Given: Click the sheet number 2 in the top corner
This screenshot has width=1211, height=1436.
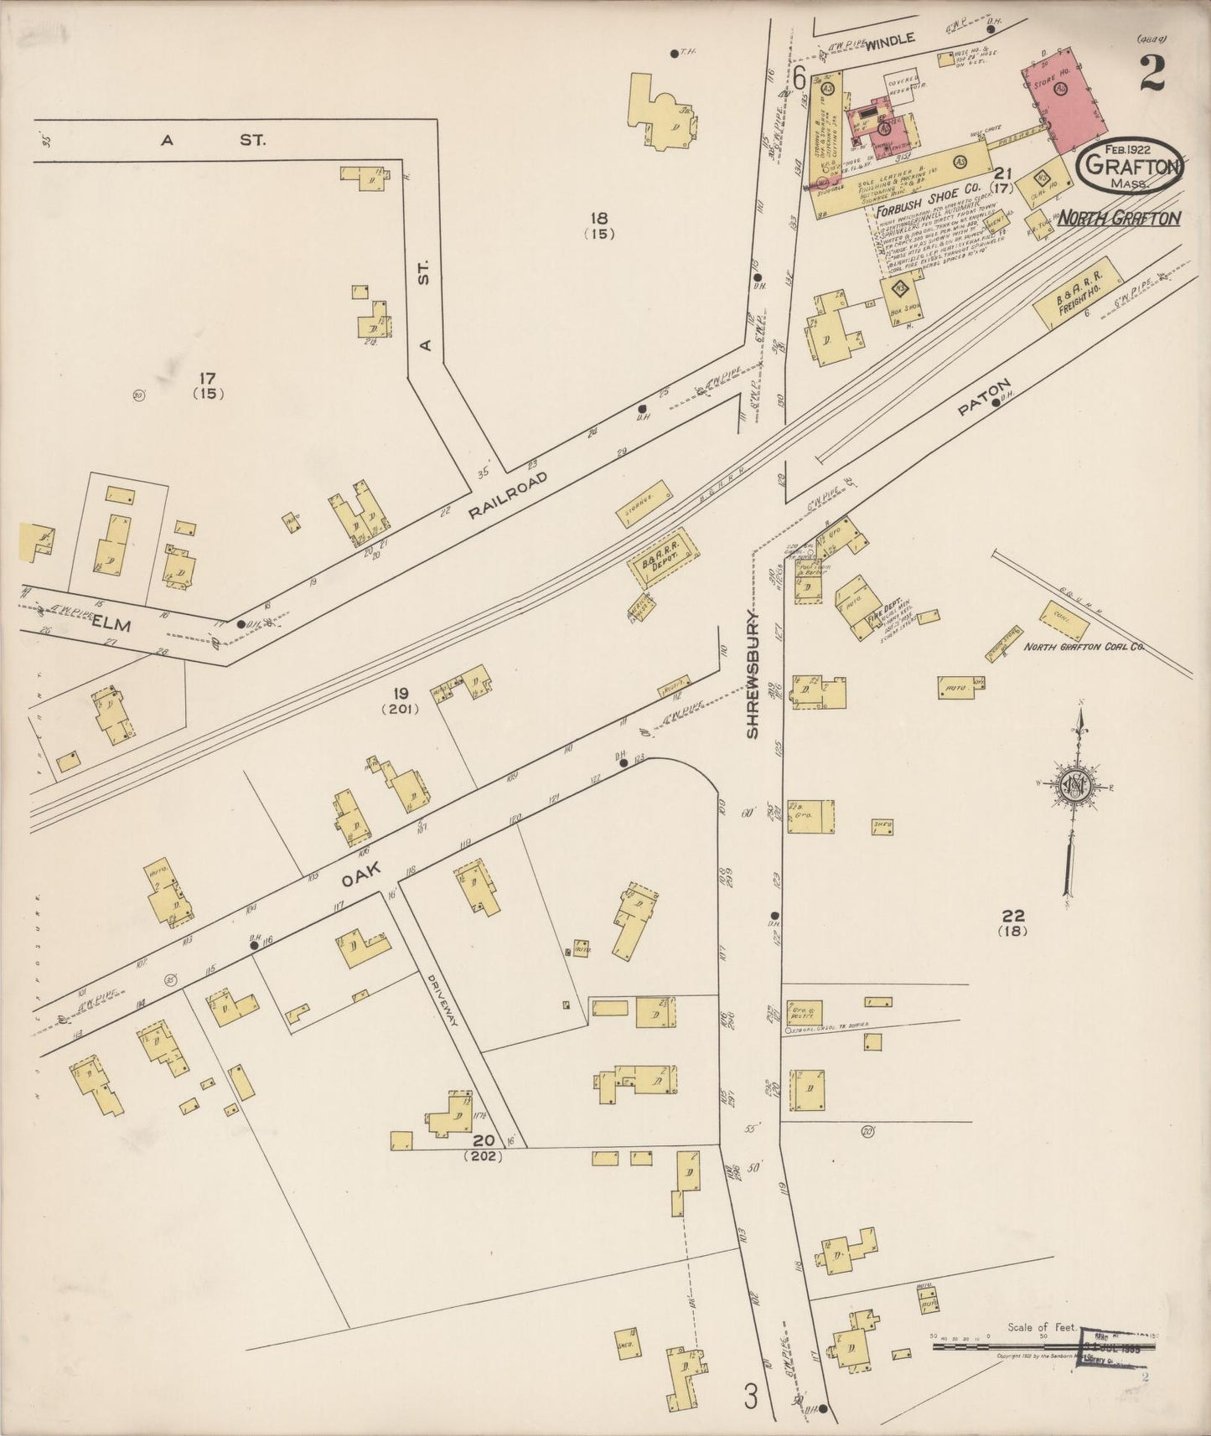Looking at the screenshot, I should point(1152,74).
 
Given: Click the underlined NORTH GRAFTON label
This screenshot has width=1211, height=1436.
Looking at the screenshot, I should point(1119,219).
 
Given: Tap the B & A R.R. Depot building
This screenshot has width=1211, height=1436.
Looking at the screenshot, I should point(663,556).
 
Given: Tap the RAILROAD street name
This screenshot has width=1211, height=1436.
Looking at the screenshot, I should point(508,495).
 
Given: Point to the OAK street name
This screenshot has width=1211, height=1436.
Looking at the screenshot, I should point(360,876).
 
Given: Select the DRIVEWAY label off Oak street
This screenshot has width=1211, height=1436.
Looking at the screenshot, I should point(443,1001).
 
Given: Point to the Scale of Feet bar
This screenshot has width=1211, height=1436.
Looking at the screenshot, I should point(1043,1346).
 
